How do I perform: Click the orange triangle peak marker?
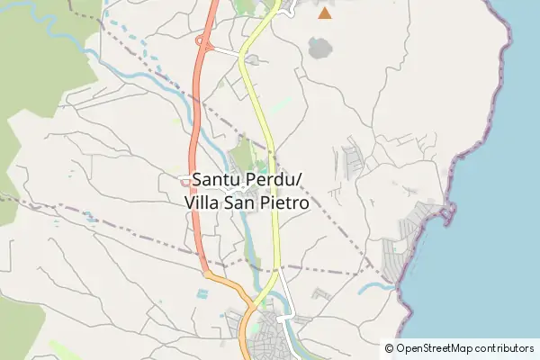point(324,13)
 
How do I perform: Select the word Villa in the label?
point(202,203)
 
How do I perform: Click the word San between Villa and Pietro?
point(238,203)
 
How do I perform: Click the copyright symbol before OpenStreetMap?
point(389,348)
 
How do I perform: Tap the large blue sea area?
point(486,225)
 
